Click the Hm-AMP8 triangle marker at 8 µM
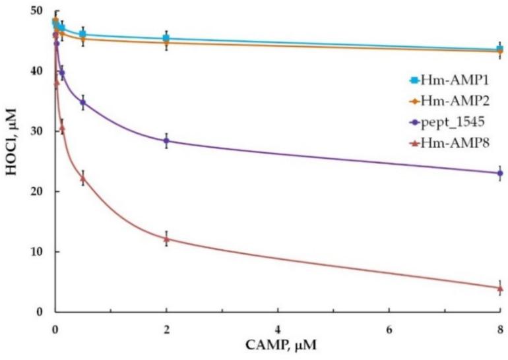pyautogui.click(x=499, y=288)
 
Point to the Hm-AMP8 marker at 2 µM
pyautogui.click(x=166, y=239)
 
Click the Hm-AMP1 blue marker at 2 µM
pyautogui.click(x=166, y=38)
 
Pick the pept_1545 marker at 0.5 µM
pyautogui.click(x=82, y=102)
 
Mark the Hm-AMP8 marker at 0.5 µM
pyautogui.click(x=82, y=178)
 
